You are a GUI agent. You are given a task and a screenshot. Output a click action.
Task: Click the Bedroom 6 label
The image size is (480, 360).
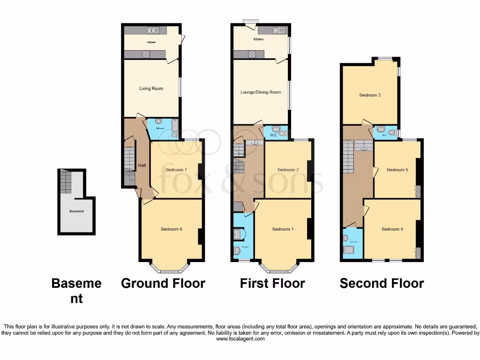tap(171, 229)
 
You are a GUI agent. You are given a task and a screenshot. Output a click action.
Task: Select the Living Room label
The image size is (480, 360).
tap(151, 88)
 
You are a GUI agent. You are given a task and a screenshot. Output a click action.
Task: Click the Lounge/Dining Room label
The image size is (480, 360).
tap(261, 92)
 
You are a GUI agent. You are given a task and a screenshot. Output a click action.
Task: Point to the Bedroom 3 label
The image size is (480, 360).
tap(370, 95)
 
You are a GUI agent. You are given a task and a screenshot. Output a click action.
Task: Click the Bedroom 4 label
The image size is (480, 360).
tap(392, 229)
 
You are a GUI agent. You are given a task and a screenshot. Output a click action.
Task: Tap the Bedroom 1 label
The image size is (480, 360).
tap(283, 229)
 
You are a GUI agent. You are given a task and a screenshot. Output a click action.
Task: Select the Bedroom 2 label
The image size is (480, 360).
tap(288, 170)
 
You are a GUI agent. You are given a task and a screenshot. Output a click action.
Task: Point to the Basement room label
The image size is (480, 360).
tap(76, 211)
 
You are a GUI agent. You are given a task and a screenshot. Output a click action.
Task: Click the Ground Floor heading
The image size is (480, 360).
tap(163, 284)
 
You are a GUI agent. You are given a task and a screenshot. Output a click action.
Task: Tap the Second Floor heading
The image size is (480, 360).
tap(382, 284)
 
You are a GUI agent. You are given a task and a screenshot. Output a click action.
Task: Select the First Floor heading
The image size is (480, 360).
tap(272, 284)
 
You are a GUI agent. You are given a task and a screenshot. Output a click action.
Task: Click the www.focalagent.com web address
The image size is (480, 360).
tap(240, 339)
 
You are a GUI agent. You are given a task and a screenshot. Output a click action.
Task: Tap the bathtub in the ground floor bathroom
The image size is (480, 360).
tap(175, 126)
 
